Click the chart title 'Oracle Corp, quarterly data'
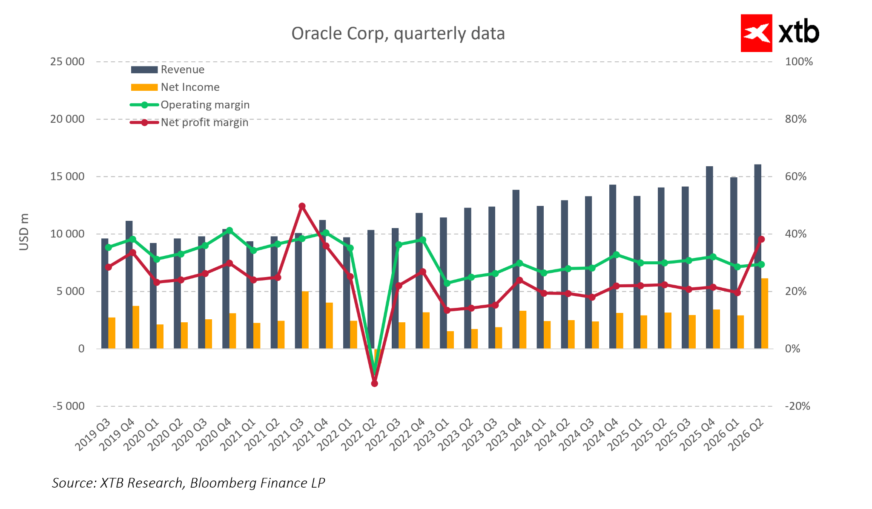point(398,34)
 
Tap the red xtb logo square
point(756,33)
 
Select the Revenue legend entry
point(182,69)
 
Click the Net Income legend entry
point(190,87)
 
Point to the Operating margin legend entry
point(205,105)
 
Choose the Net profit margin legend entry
point(204,123)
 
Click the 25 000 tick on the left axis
point(67,62)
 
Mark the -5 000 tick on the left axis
point(69,406)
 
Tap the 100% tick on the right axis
point(799,62)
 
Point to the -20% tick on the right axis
point(797,406)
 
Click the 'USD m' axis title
point(24,232)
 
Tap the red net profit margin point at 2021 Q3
point(302,206)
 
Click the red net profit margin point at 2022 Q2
point(375,384)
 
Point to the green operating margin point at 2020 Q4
point(229,231)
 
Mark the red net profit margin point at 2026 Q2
point(761,239)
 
